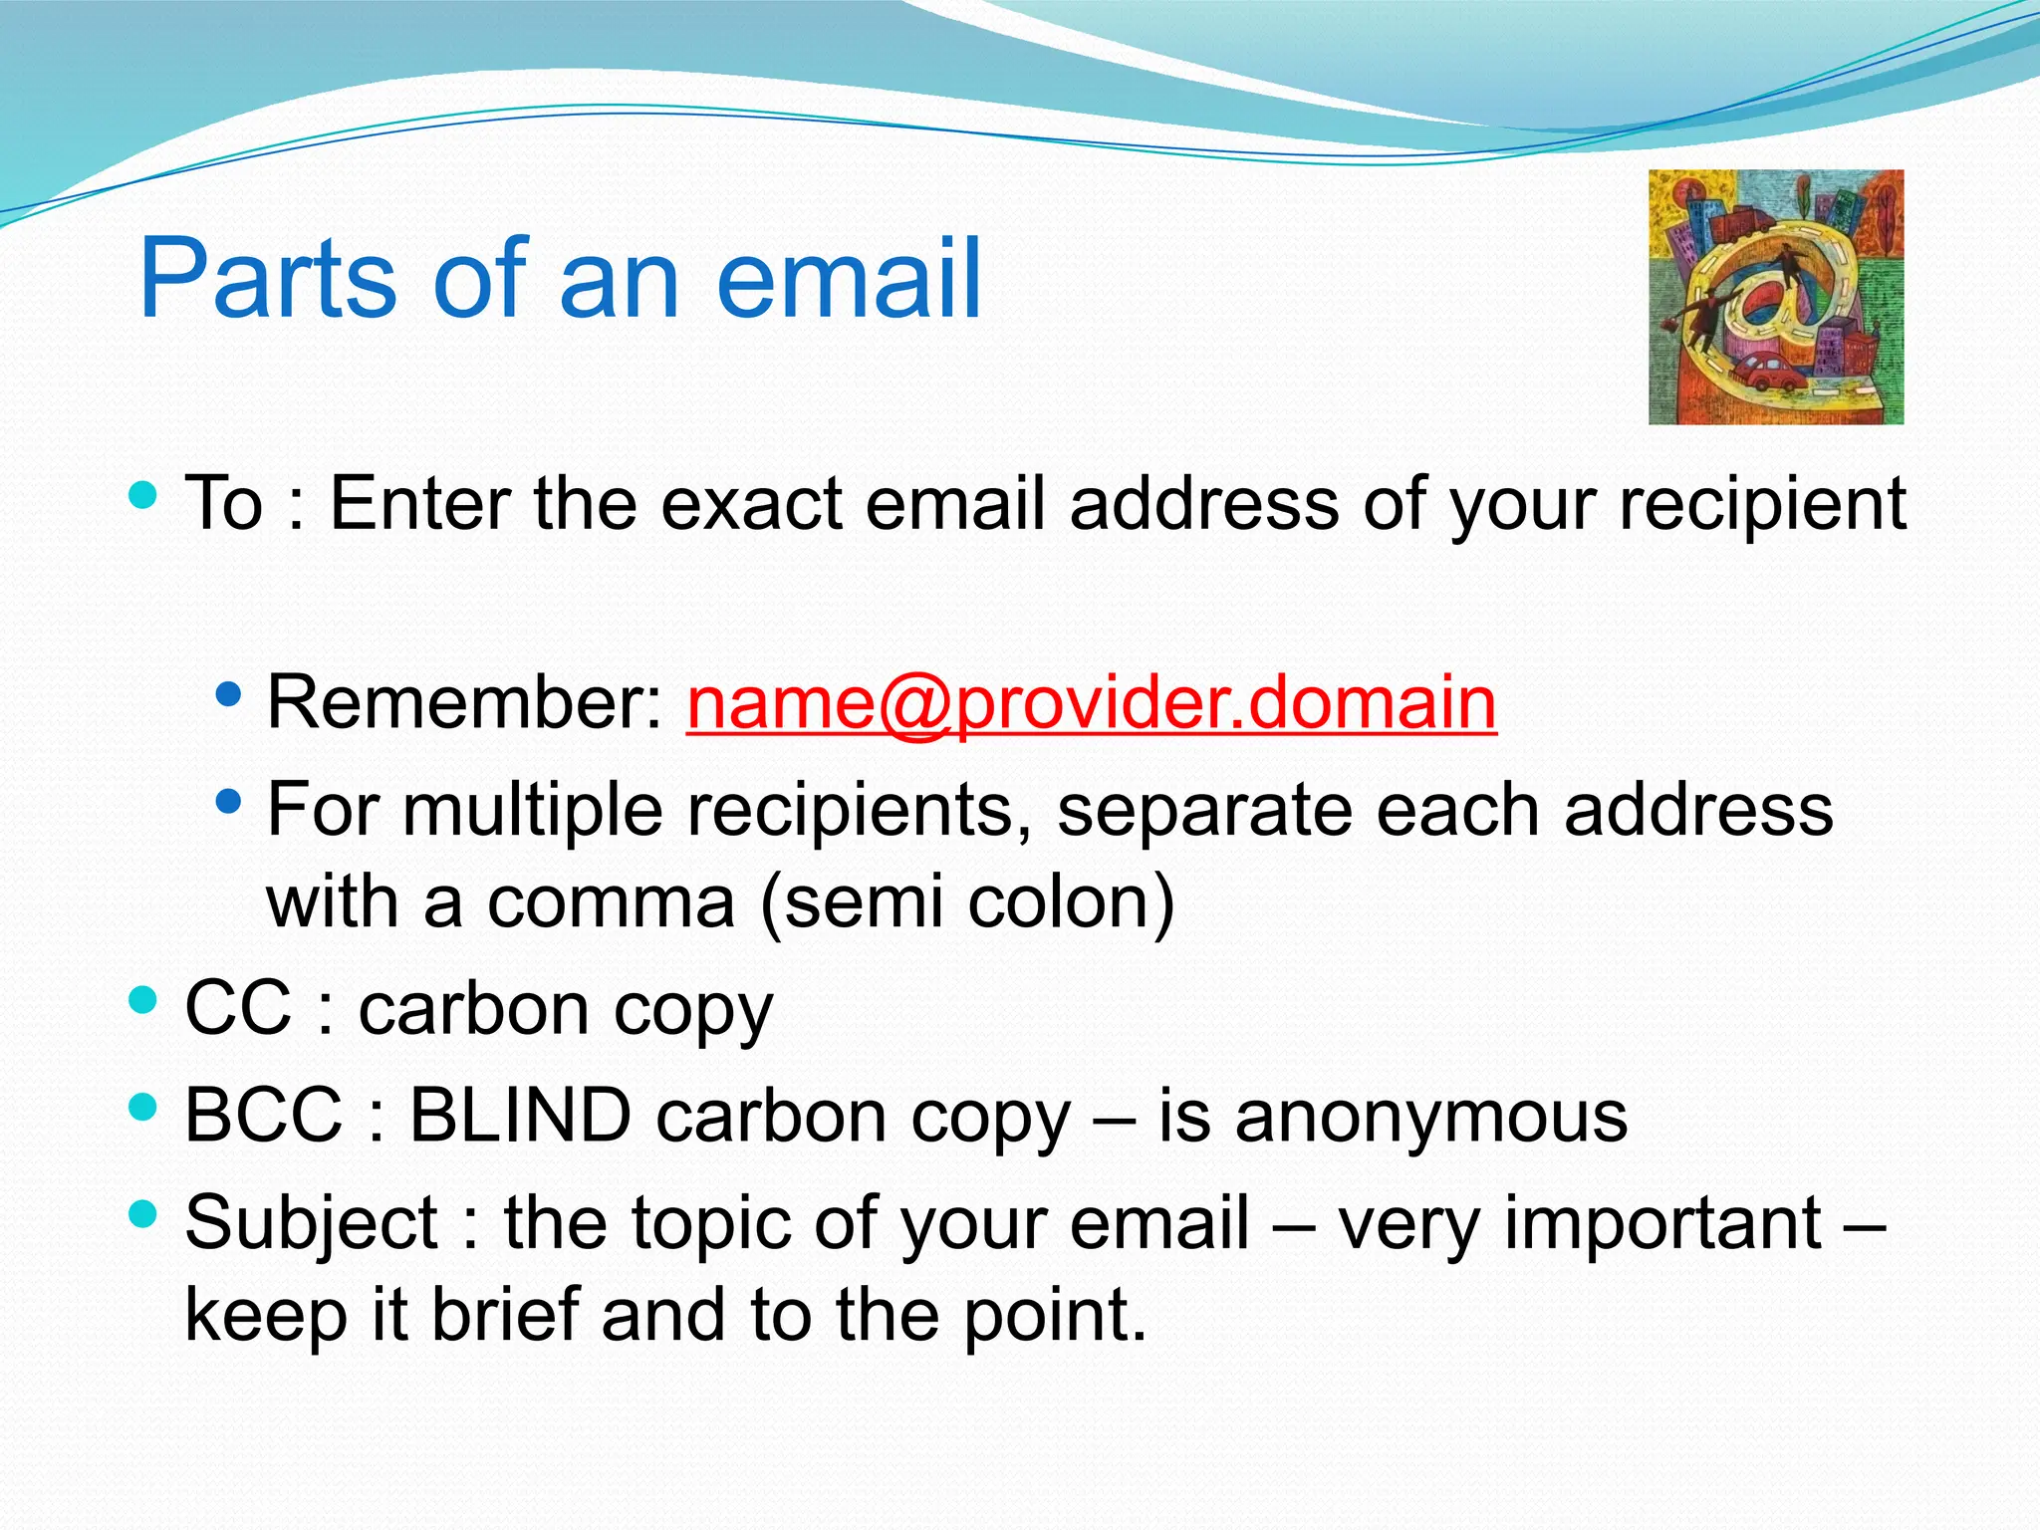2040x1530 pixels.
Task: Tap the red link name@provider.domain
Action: (x=1091, y=703)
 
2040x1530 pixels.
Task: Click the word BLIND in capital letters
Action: (x=520, y=1116)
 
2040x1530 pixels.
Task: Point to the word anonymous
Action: (x=1431, y=1116)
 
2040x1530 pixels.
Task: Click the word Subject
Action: (x=311, y=1223)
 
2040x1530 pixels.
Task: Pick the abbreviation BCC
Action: (x=264, y=1116)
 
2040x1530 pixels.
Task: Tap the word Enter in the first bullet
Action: (x=419, y=504)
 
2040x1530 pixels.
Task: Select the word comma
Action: (x=611, y=902)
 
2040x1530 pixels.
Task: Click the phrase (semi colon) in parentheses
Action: (x=967, y=902)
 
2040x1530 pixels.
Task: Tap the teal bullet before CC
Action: (x=143, y=999)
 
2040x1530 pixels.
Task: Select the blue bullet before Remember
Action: (x=228, y=694)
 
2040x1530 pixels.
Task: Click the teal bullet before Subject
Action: (x=143, y=1213)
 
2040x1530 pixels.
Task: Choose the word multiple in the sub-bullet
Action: (x=533, y=810)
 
